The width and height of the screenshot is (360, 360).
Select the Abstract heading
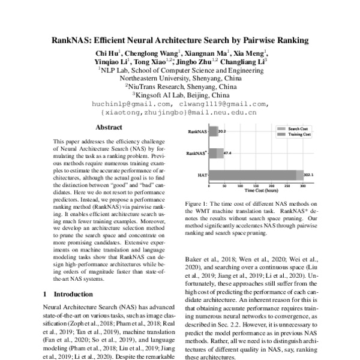click(109, 127)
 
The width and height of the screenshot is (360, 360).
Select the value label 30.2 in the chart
click(222, 131)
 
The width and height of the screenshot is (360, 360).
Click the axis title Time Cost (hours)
click(261, 191)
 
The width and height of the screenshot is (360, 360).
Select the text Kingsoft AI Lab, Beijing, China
click(181, 95)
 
